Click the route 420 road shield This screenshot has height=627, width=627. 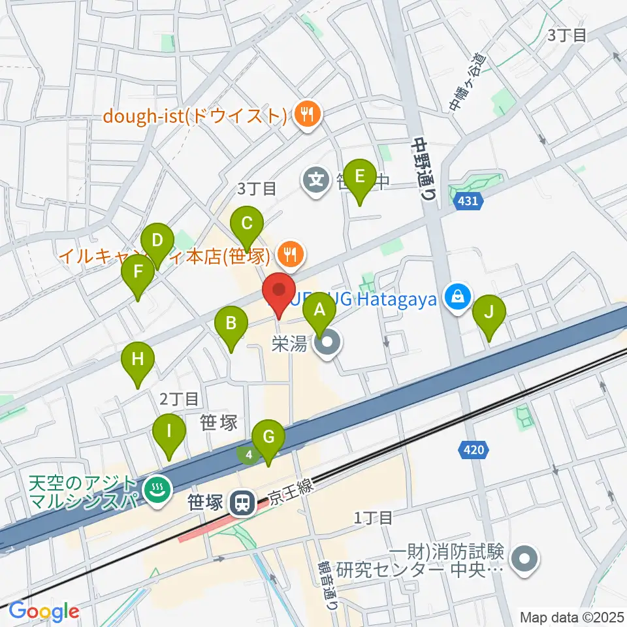click(x=475, y=449)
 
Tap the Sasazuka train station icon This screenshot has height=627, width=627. click(x=242, y=502)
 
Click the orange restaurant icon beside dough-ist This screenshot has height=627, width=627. click(x=305, y=116)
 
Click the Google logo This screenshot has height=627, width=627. click(x=44, y=611)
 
